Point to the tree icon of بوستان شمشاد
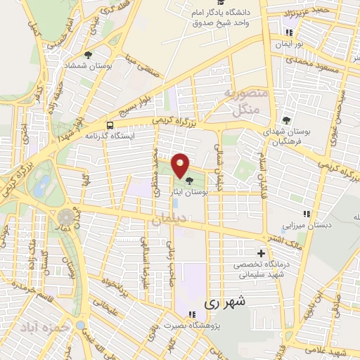[87, 54]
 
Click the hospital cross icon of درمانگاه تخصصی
[262, 253]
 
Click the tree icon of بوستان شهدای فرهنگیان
[285, 120]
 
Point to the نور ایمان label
[288, 44]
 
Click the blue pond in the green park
[41, 185]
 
